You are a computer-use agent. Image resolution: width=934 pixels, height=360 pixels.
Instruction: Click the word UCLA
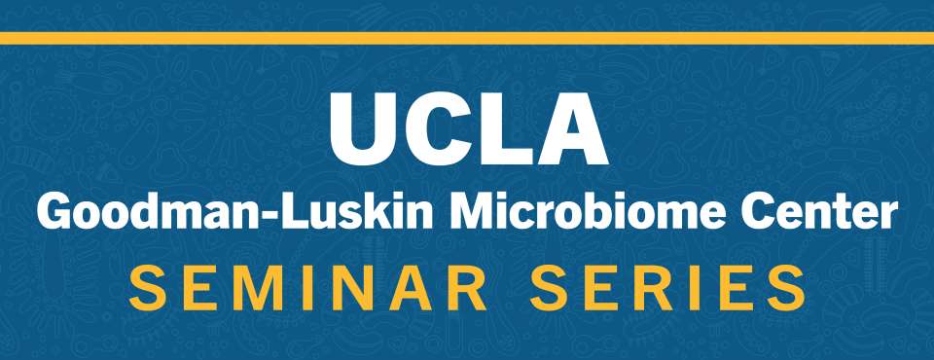pyautogui.click(x=468, y=128)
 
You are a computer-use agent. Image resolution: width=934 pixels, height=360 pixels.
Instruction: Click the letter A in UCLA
pyautogui.click(x=571, y=128)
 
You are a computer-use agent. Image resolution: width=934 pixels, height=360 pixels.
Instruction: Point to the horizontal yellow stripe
pyautogui.click(x=467, y=38)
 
